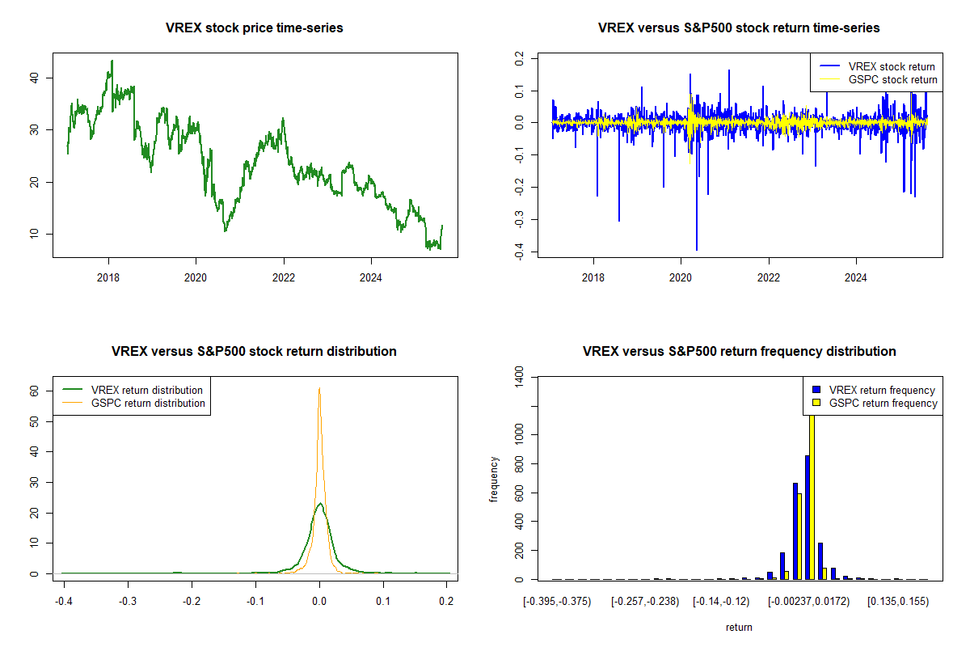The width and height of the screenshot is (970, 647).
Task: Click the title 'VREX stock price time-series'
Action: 255,28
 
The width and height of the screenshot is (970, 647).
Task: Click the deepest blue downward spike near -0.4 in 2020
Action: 697,249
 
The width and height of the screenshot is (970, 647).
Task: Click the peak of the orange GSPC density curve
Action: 319,388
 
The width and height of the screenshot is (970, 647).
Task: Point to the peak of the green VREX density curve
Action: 320,504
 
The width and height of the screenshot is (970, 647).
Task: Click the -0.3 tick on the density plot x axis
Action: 127,601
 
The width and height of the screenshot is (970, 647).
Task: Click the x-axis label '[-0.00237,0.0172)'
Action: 808,602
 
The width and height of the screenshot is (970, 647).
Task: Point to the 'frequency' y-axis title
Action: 495,479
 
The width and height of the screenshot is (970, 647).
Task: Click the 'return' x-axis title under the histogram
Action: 739,627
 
